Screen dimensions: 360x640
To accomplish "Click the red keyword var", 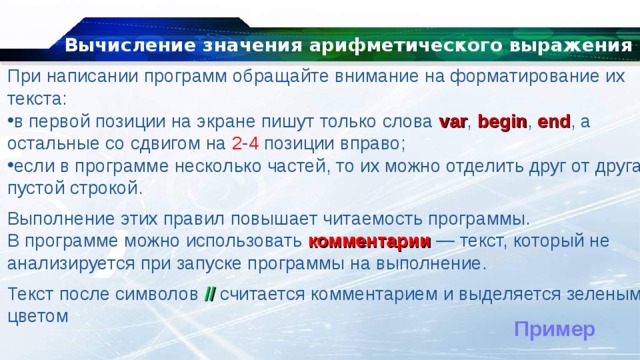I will tap(453, 122).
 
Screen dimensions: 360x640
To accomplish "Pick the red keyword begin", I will tap(502, 122).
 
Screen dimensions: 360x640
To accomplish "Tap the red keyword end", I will tap(553, 122).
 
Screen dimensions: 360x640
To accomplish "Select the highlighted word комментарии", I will tap(370, 241).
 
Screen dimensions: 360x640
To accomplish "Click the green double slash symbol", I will tap(209, 294).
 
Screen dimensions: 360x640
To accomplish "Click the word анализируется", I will tap(69, 263).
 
